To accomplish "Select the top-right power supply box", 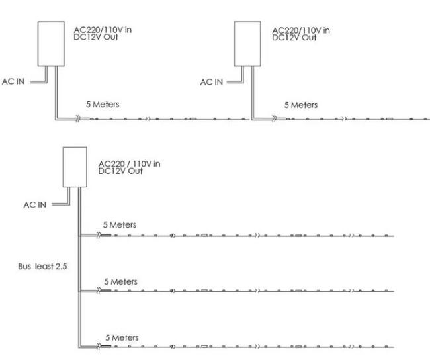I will (249, 44).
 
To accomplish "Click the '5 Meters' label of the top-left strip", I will (103, 105).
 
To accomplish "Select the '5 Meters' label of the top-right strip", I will (300, 105).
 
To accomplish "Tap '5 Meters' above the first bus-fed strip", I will (120, 224).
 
